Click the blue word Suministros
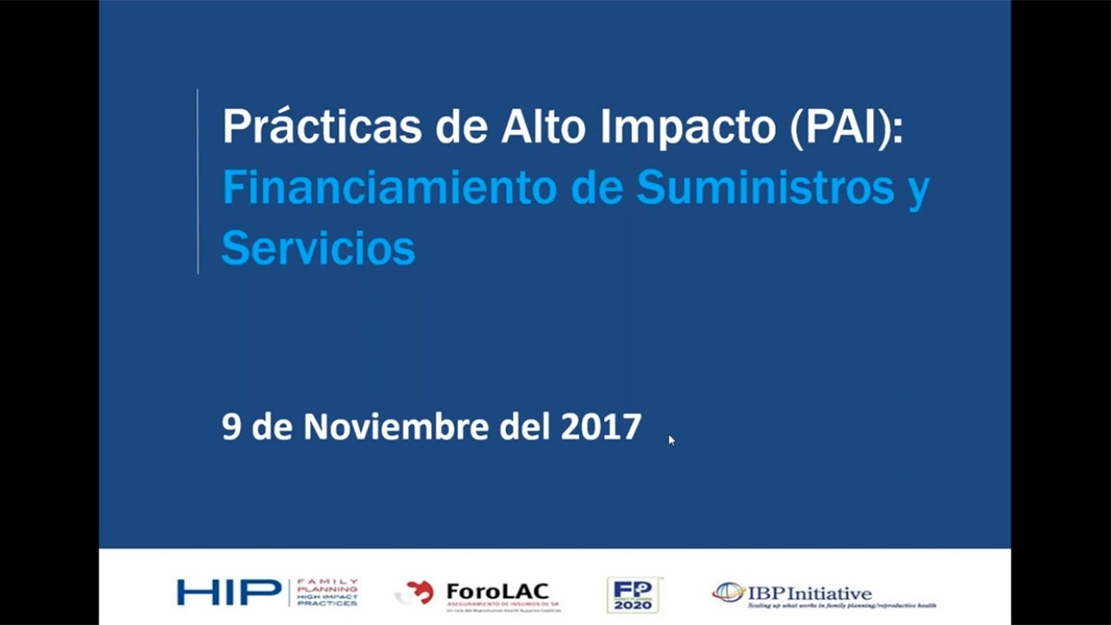pyautogui.click(x=765, y=187)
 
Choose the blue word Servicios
pyautogui.click(x=319, y=248)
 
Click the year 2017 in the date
pyautogui.click(x=601, y=427)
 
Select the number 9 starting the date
pyautogui.click(x=231, y=427)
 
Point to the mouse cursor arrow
pyautogui.click(x=671, y=439)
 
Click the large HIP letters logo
pyautogui.click(x=229, y=592)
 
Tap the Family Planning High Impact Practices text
pyautogui.click(x=326, y=592)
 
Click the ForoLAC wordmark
pyautogui.click(x=498, y=591)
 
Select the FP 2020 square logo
pyautogui.click(x=632, y=595)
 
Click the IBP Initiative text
pyautogui.click(x=809, y=593)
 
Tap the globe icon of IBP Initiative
pyautogui.click(x=728, y=593)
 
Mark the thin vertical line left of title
pyautogui.click(x=198, y=181)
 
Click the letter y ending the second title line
pyautogui.click(x=918, y=191)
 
